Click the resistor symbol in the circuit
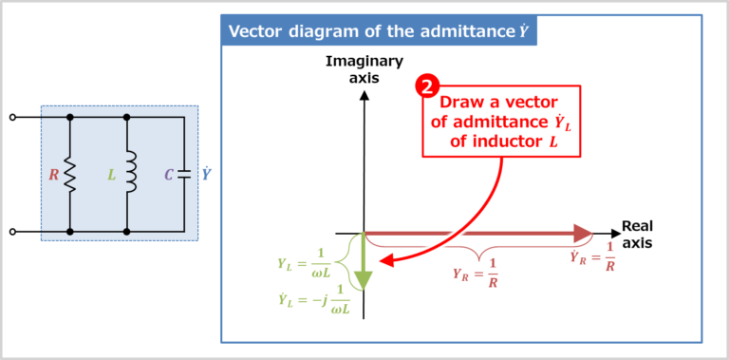coord(69,175)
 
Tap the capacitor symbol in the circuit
coord(184,175)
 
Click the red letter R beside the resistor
coord(53,175)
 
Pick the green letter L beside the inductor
coord(111,175)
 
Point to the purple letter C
coord(169,175)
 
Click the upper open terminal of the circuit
coord(12,117)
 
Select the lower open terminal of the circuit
coord(12,231)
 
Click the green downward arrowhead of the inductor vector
coord(364,280)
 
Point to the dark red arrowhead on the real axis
coord(583,233)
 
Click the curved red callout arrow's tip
coord(381,261)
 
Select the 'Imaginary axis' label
coord(364,69)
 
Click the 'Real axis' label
coord(637,235)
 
